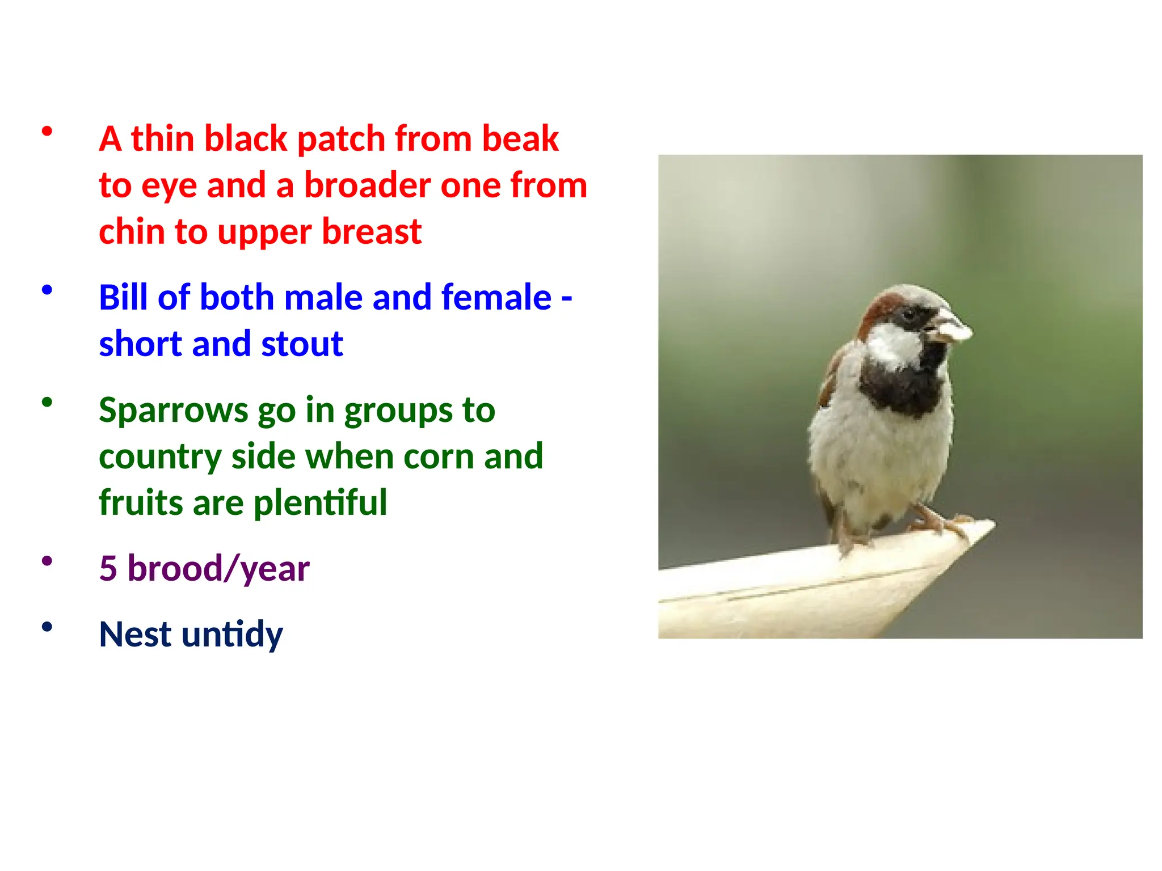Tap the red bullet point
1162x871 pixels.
pyautogui.click(x=47, y=132)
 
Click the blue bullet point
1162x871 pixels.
pyautogui.click(x=47, y=290)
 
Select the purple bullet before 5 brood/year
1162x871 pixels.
pyautogui.click(x=47, y=561)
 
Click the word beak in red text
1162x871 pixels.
pyautogui.click(x=520, y=138)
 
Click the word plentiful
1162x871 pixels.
pyautogui.click(x=320, y=502)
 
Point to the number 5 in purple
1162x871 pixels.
pyautogui.click(x=108, y=568)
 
